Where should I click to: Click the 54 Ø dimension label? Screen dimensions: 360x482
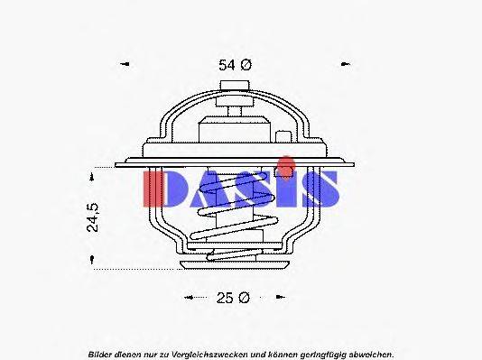234,65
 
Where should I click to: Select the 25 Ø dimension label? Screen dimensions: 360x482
234,298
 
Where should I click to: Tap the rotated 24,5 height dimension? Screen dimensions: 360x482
93,218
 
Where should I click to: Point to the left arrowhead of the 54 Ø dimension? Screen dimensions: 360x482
125,65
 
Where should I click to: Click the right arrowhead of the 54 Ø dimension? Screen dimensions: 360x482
344,65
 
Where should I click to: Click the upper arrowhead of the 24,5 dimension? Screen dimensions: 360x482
93,173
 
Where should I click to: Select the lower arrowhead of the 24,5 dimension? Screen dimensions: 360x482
93,261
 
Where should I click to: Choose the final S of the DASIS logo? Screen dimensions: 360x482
320,189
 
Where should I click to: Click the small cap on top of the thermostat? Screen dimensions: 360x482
234,86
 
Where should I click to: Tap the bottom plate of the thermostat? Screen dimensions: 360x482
234,264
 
